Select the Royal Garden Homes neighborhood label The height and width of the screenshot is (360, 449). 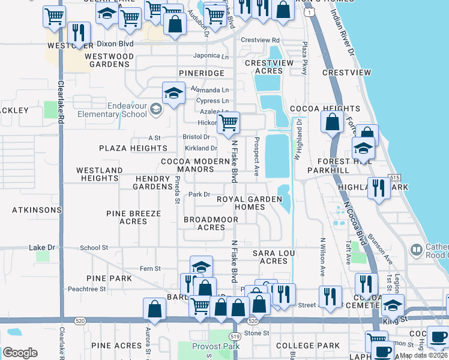(x=249, y=203)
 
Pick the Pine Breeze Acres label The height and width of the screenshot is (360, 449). (x=133, y=217)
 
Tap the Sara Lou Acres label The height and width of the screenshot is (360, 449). (x=274, y=257)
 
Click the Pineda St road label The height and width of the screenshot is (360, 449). (x=177, y=189)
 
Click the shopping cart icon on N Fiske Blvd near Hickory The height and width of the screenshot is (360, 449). (x=228, y=123)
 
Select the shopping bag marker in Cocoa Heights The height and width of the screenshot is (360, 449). (x=332, y=122)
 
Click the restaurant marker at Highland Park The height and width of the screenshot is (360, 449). (x=379, y=188)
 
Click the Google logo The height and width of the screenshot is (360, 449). (x=20, y=353)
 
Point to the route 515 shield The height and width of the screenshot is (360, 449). (x=394, y=178)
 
